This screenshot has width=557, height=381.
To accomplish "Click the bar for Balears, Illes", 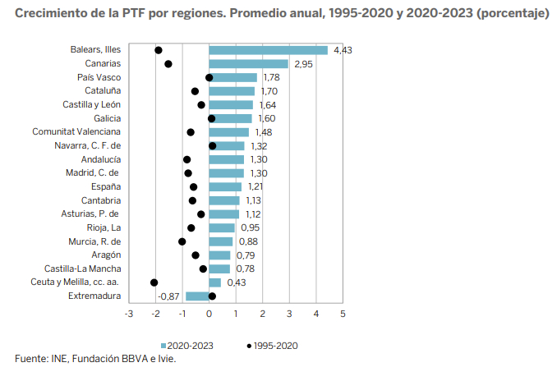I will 268,50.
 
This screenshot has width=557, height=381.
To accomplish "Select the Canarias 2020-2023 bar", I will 248,63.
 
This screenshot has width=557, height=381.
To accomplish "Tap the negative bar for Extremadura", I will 197,296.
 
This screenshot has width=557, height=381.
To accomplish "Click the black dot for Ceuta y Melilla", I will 154,282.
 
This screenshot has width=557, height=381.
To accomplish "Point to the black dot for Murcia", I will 182,241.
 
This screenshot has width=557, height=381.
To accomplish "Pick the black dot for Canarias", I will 168,63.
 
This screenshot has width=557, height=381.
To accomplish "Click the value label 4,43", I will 343,50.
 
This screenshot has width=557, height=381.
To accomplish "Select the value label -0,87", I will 169,296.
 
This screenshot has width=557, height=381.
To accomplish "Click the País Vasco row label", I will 99,77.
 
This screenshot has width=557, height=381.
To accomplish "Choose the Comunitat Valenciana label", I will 76,131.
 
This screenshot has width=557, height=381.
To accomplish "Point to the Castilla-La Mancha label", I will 83,269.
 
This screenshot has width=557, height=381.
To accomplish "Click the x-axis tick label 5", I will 343,314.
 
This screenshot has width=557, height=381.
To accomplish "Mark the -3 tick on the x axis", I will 128,314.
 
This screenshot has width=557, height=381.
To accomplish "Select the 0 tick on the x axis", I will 209,314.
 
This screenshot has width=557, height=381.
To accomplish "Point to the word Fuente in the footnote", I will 30,359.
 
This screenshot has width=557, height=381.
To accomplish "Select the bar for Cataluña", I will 232,91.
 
